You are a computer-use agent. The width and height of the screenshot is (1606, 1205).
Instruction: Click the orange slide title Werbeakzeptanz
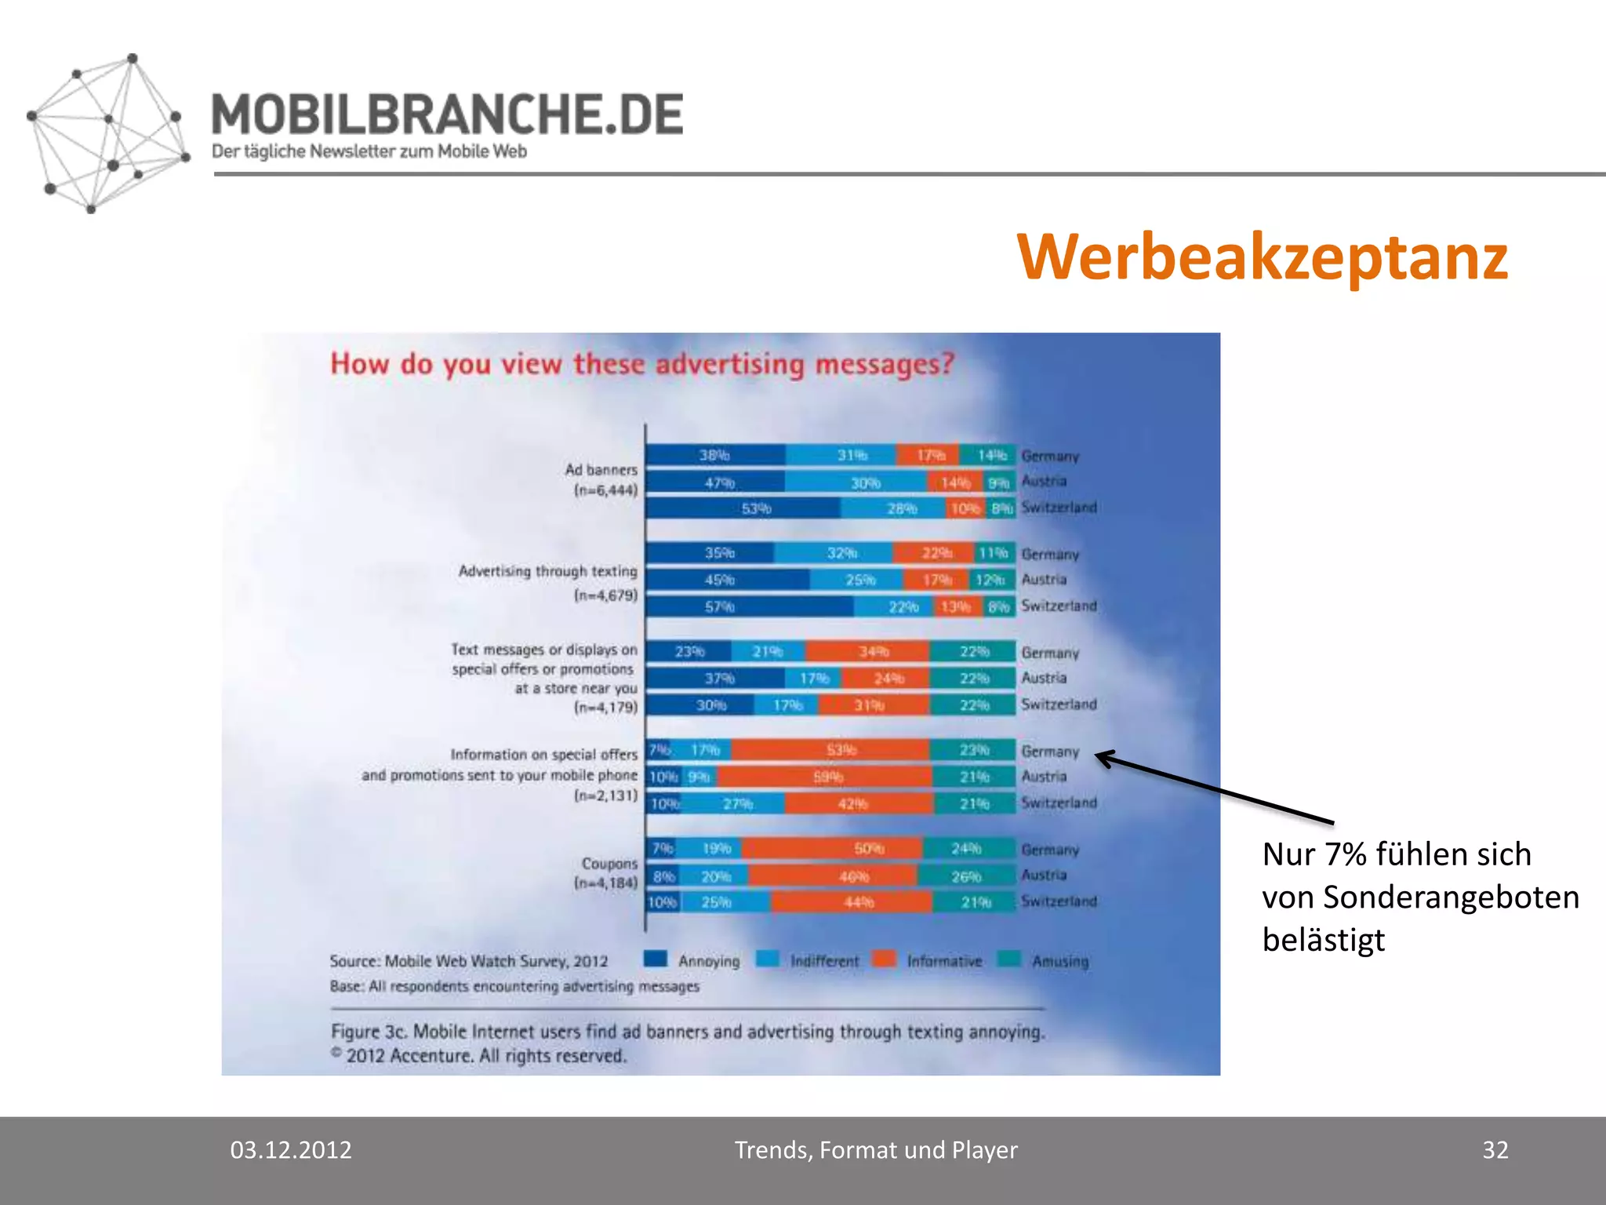pos(1262,257)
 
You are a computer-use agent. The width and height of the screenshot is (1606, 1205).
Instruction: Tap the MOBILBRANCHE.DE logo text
pos(447,115)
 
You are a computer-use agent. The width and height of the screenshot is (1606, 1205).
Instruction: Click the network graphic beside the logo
pos(107,133)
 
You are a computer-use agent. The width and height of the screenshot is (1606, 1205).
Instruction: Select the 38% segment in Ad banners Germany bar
pos(714,455)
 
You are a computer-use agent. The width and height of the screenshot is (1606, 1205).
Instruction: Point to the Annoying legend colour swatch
pos(655,959)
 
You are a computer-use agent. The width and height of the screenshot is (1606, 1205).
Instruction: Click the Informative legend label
pos(944,961)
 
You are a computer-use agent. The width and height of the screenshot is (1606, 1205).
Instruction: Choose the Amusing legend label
pos(1060,961)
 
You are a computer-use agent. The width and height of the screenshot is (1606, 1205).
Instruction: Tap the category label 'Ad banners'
pos(601,470)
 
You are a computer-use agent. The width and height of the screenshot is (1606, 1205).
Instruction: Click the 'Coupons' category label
pos(609,863)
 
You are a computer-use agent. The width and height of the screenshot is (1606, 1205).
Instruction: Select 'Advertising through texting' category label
pos(547,571)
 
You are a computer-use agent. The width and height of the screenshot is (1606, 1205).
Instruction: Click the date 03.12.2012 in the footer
pos(291,1150)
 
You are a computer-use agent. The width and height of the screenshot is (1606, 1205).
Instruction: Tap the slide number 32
pos(1495,1150)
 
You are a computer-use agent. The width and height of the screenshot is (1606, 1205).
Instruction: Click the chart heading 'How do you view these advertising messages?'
pos(642,364)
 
